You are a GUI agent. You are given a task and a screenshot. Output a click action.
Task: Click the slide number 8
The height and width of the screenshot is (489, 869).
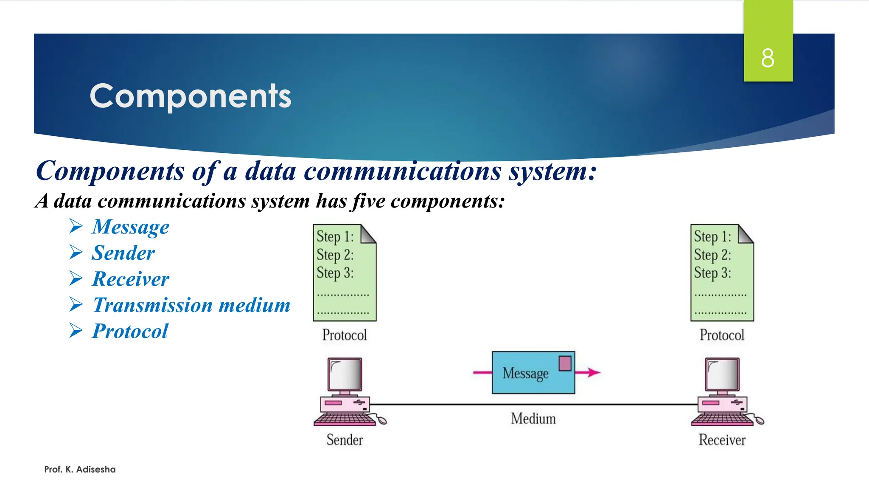[x=768, y=58]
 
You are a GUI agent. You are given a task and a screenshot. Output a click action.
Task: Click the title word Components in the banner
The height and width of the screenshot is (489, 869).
[x=191, y=96]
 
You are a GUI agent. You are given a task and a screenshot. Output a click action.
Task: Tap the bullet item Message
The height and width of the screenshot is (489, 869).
[x=130, y=227]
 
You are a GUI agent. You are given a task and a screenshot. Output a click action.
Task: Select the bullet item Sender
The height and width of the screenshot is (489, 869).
[x=123, y=253]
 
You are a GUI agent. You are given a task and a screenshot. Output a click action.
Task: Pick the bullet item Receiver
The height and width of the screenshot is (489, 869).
[x=130, y=279]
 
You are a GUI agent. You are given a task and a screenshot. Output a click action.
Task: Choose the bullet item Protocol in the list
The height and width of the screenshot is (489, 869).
[x=130, y=332]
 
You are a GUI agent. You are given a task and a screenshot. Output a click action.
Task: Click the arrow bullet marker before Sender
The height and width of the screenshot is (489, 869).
[x=76, y=253]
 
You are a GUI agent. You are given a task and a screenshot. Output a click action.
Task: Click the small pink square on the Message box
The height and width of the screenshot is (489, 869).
[x=565, y=363]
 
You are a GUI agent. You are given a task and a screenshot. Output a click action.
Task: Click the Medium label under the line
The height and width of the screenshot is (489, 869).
[x=533, y=419]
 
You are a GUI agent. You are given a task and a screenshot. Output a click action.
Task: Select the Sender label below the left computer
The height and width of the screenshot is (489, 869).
[x=345, y=440]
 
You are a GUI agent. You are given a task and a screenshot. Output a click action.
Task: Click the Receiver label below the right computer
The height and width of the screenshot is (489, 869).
[x=722, y=440]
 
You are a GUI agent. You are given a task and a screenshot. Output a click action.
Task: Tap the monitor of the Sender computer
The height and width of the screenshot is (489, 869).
[x=345, y=374]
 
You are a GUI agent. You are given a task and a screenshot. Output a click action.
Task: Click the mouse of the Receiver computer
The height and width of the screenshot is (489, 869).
[x=759, y=421]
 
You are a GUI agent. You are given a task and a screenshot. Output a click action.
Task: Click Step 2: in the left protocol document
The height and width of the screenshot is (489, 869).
[x=335, y=255]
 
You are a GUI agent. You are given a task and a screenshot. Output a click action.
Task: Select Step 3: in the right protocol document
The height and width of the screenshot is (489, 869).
[x=712, y=273]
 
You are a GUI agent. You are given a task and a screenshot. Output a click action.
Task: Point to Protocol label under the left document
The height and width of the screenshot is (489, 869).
[x=344, y=335]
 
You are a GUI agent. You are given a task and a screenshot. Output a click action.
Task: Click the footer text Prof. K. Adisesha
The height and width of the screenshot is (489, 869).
[x=80, y=469]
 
